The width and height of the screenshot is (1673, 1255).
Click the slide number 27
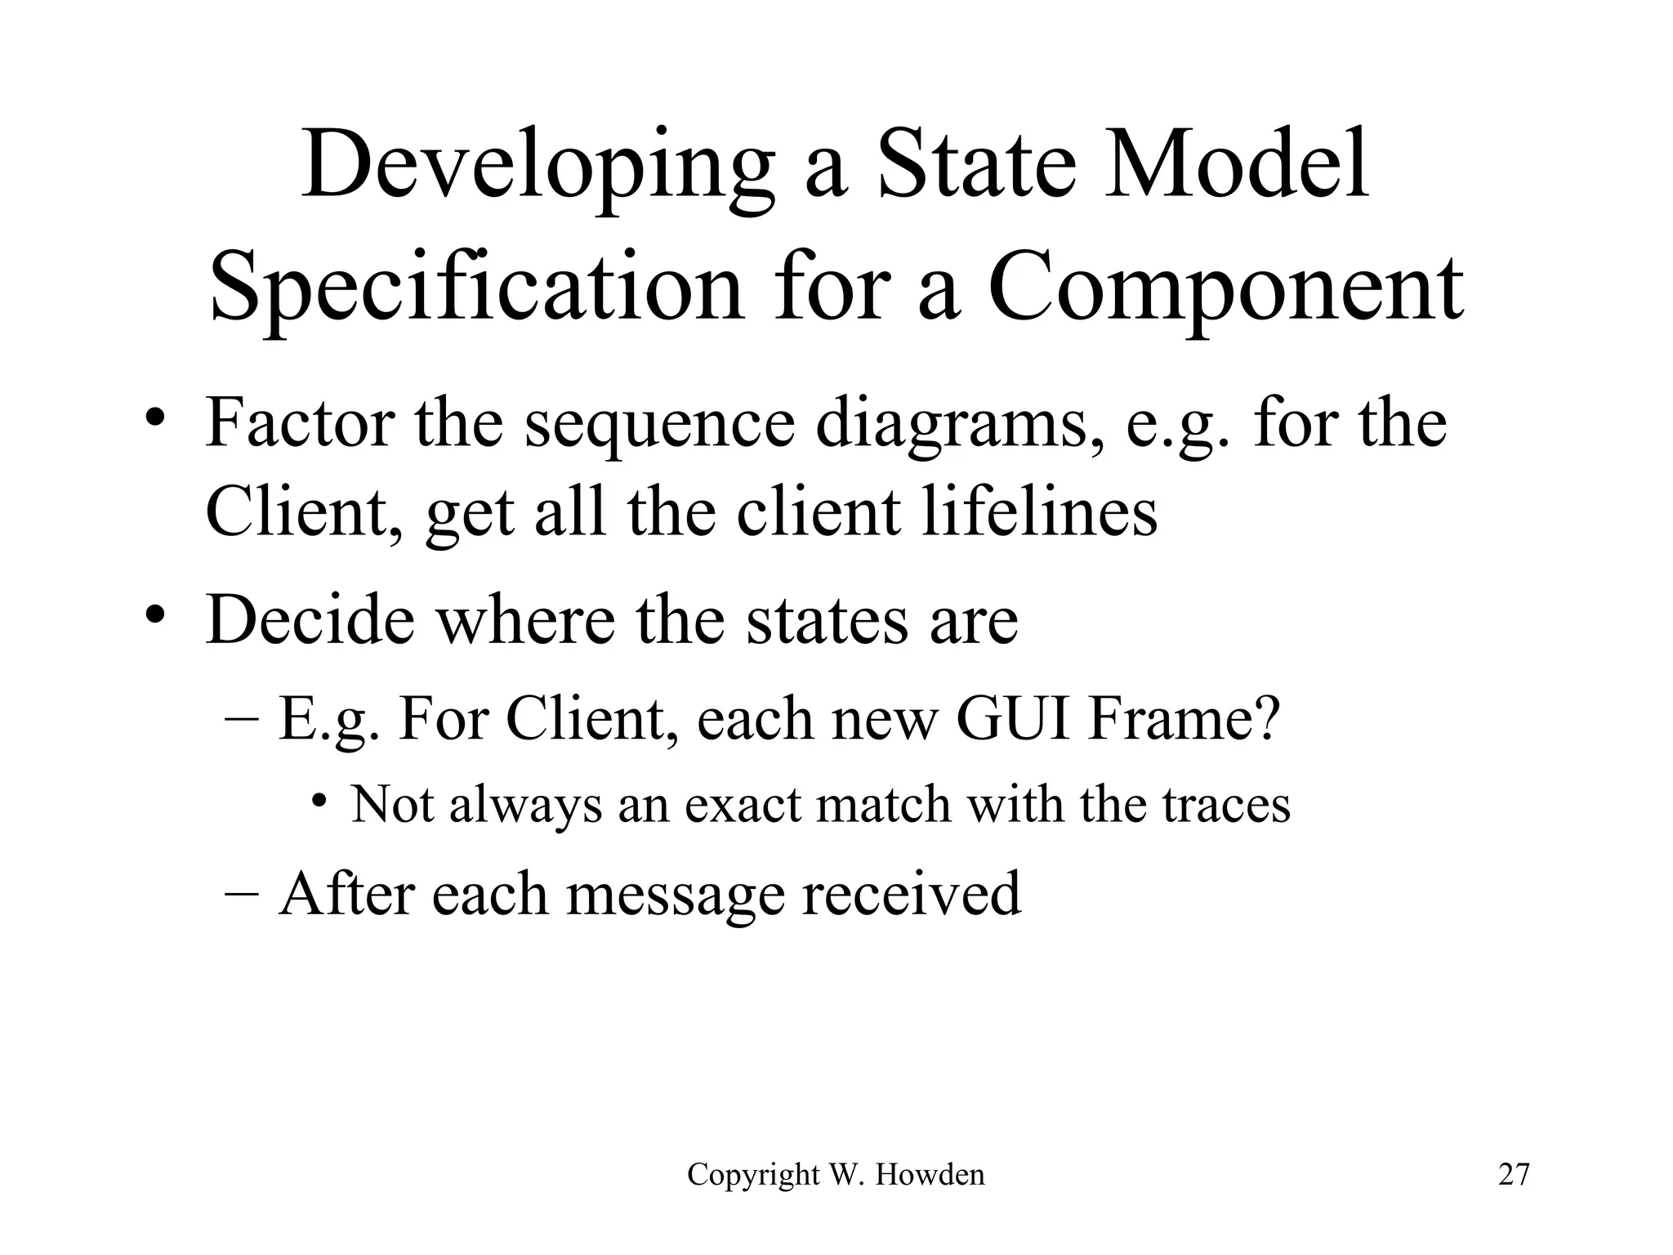point(1514,1175)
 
